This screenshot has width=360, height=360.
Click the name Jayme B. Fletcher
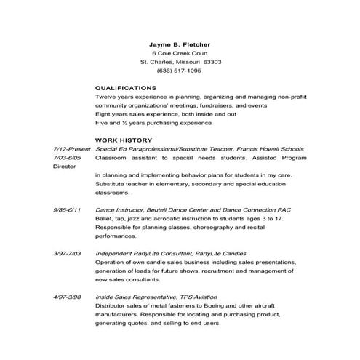(180, 44)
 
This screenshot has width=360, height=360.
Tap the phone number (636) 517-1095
(180, 71)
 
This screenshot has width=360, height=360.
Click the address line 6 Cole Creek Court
(180, 53)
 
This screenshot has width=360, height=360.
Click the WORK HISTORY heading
(123, 140)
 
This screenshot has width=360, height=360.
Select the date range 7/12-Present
(71, 148)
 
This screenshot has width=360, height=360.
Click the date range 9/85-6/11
(68, 209)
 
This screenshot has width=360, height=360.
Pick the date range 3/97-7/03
(68, 253)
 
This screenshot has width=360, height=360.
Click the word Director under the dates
(64, 167)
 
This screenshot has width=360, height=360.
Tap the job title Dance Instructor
(119, 209)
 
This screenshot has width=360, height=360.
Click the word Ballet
(103, 218)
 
